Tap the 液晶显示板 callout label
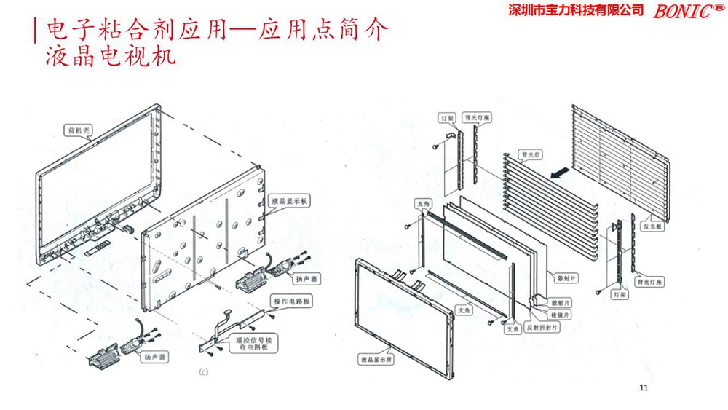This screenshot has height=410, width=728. pyautogui.click(x=290, y=200)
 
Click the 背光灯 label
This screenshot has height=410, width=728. pyautogui.click(x=529, y=154)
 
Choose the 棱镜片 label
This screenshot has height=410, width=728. pyautogui.click(x=561, y=314)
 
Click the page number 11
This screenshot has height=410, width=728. pyautogui.click(x=642, y=387)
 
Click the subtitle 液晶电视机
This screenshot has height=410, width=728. pyautogui.click(x=110, y=56)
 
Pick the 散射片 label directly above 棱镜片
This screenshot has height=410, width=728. pyautogui.click(x=561, y=302)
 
